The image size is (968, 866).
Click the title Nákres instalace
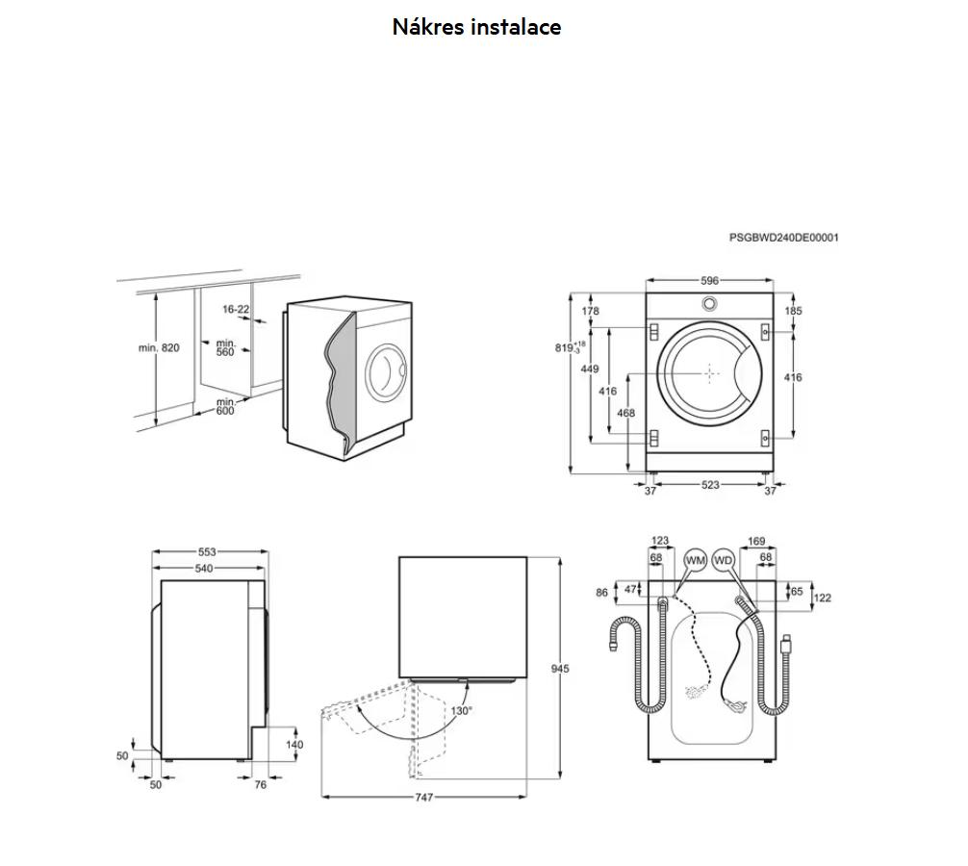click(x=476, y=27)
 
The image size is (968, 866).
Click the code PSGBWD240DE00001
click(x=783, y=237)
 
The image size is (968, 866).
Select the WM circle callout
click(x=695, y=560)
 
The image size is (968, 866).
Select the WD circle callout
click(x=724, y=560)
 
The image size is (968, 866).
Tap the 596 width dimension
click(x=709, y=281)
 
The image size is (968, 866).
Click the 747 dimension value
click(x=424, y=798)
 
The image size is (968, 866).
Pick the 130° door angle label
click(x=462, y=711)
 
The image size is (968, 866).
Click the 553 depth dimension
click(x=208, y=552)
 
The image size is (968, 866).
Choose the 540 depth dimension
click(x=204, y=569)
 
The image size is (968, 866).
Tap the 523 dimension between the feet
click(x=709, y=485)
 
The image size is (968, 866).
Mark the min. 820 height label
click(x=159, y=348)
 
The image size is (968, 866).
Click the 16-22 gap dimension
click(x=236, y=309)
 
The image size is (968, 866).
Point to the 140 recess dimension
click(x=294, y=744)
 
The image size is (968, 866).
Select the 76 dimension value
click(x=260, y=785)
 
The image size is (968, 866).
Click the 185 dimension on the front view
click(x=793, y=311)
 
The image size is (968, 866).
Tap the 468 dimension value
click(x=625, y=414)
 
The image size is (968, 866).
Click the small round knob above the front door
click(x=709, y=302)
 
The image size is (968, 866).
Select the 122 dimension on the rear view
click(x=822, y=598)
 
